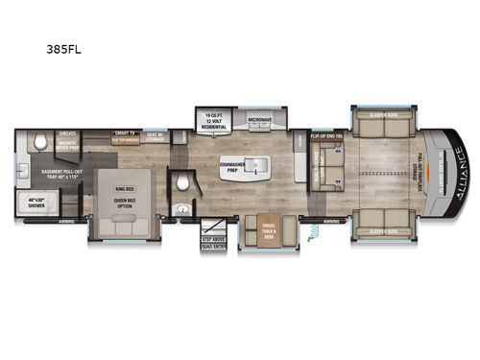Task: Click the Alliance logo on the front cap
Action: [x=452, y=178]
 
